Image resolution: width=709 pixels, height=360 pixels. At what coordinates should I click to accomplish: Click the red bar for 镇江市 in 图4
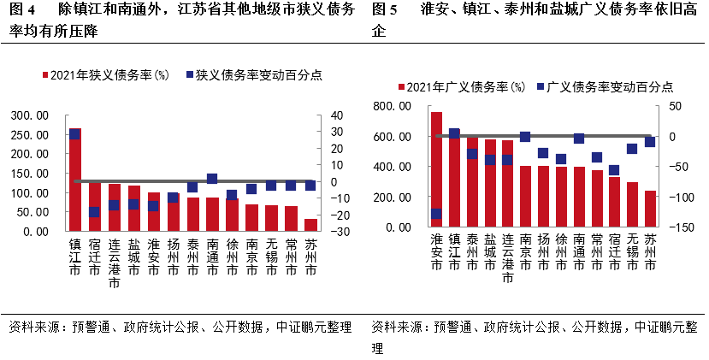75,184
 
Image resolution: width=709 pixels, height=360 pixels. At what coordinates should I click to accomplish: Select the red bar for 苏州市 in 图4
310,225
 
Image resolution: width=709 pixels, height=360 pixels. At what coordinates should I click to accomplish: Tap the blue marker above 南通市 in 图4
212,179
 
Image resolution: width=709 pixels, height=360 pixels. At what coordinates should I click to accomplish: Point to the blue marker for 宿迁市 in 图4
94,211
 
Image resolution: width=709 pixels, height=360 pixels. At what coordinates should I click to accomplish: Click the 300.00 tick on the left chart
29,115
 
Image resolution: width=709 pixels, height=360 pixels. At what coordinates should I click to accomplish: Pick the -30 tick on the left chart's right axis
336,232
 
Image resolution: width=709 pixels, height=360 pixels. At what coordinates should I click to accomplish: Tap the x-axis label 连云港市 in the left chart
114,259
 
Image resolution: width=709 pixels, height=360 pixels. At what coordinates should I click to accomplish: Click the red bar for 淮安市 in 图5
436,171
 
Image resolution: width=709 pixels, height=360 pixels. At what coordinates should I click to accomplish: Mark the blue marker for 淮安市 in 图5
436,214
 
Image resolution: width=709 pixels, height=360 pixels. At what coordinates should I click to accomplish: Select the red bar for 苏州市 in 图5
650,210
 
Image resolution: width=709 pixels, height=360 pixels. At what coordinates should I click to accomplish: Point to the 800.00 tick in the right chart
393,106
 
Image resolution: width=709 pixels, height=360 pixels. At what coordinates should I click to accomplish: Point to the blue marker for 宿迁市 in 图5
613,170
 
